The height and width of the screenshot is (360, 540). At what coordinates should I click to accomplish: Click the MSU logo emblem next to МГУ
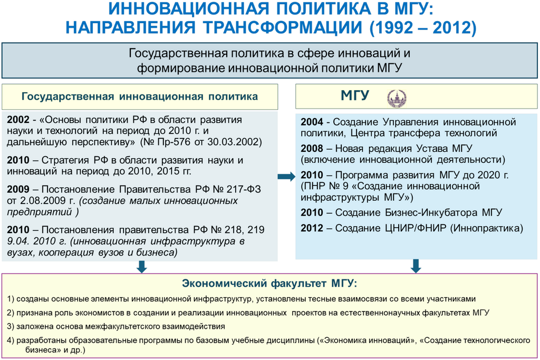[397, 97]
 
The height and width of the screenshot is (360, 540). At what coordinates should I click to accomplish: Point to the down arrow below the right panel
[416, 265]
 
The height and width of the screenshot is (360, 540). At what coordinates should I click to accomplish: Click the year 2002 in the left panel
[18, 120]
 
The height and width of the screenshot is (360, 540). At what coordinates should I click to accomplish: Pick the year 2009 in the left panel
[18, 188]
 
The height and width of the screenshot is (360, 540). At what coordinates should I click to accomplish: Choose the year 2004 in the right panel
[312, 122]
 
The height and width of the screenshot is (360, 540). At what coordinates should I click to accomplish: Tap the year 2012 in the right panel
[312, 228]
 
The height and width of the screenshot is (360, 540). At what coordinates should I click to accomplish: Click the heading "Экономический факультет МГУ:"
[269, 284]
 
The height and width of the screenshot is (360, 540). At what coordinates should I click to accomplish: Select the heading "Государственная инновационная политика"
[140, 96]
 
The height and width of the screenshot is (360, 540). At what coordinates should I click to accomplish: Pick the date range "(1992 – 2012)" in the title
[422, 27]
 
